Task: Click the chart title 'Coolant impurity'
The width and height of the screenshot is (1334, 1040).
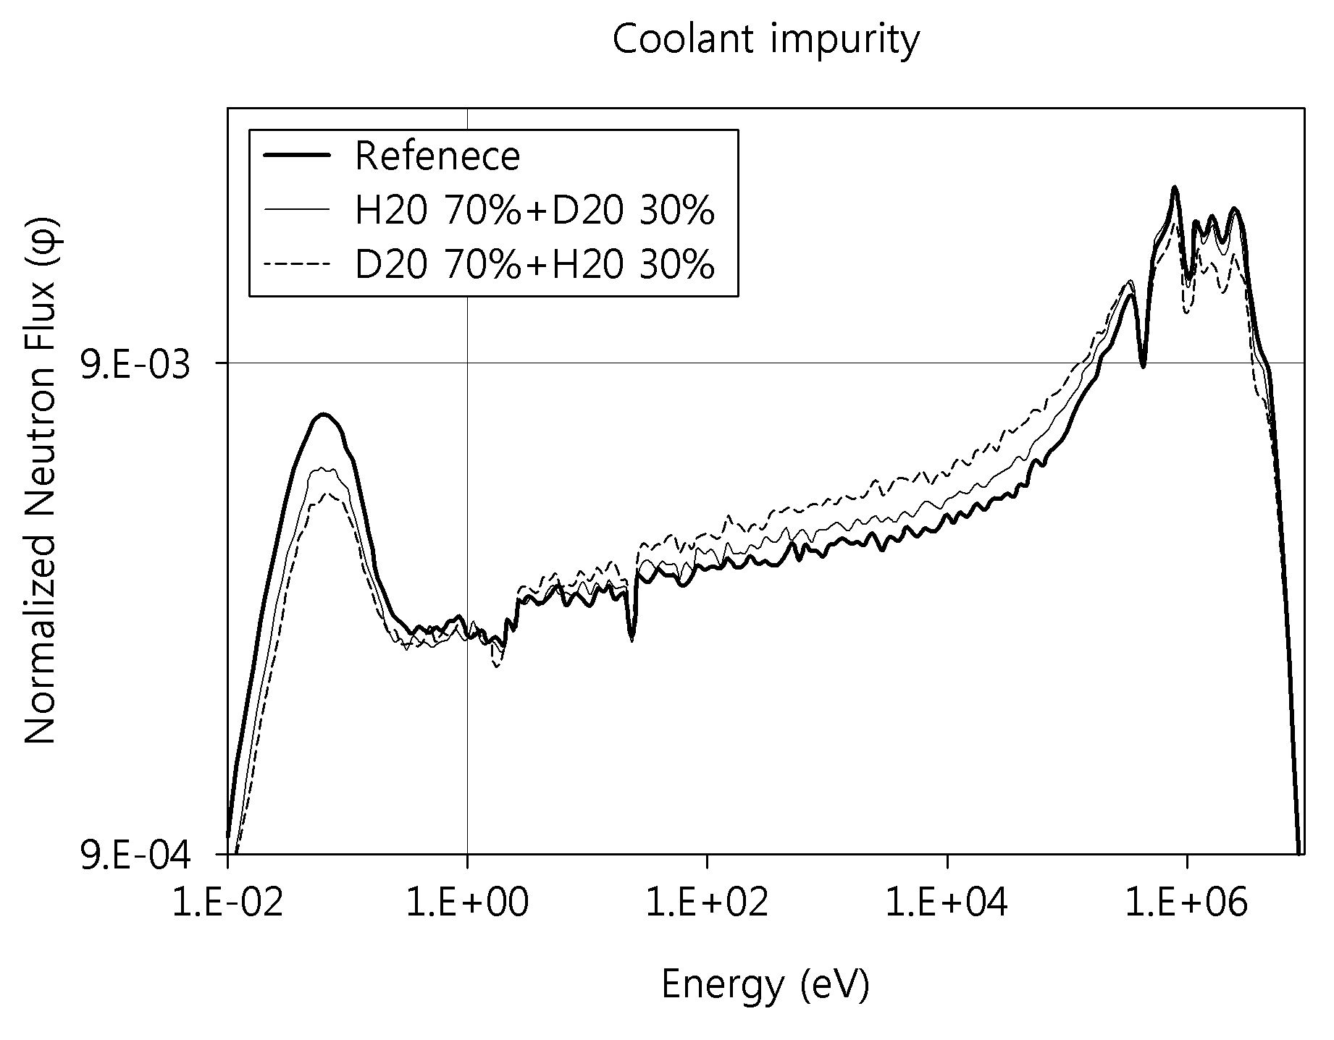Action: [765, 41]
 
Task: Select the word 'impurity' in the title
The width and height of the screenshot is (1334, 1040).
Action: [844, 42]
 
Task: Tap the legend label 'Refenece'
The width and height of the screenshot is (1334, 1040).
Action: [437, 156]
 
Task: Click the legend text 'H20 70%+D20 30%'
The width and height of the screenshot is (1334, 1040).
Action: [534, 211]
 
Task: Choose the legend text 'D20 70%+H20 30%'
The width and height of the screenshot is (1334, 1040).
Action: [534, 265]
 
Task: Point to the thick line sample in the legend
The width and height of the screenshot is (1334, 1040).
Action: [298, 156]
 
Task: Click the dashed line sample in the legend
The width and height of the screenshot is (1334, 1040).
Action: [298, 265]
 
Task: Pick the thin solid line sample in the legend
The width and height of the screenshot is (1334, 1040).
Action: [298, 211]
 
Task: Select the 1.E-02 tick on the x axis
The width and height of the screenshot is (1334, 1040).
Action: [227, 904]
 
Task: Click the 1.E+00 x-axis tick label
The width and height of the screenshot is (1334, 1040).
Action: [467, 904]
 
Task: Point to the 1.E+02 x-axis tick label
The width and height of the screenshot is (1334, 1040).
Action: [706, 904]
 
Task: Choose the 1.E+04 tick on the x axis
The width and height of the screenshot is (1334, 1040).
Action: [947, 904]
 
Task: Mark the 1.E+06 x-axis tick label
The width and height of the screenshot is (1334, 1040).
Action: [1186, 904]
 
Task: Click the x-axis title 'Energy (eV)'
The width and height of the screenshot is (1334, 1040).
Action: [765, 985]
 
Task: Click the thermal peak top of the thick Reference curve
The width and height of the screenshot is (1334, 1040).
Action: [323, 415]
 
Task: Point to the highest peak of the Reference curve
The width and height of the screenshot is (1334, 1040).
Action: [1174, 187]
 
